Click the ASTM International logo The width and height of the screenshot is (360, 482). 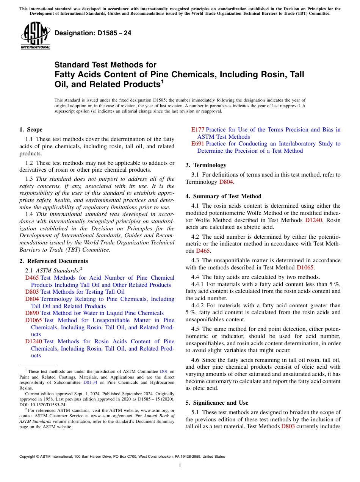click(35, 36)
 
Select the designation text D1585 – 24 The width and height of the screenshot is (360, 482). click(93, 33)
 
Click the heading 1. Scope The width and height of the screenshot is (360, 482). click(31, 130)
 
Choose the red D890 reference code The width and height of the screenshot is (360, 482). click(32, 313)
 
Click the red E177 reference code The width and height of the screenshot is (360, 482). click(197, 130)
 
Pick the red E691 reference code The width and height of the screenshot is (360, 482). click(197, 144)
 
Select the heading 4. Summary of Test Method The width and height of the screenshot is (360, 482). click(223, 196)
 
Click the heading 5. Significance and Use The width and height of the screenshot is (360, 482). click(217, 403)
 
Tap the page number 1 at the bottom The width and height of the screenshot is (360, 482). click(180, 466)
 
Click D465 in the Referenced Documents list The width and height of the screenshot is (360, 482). click(32, 278)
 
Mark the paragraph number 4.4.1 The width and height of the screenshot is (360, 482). click(199, 284)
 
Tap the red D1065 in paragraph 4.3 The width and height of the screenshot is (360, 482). click(305, 267)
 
